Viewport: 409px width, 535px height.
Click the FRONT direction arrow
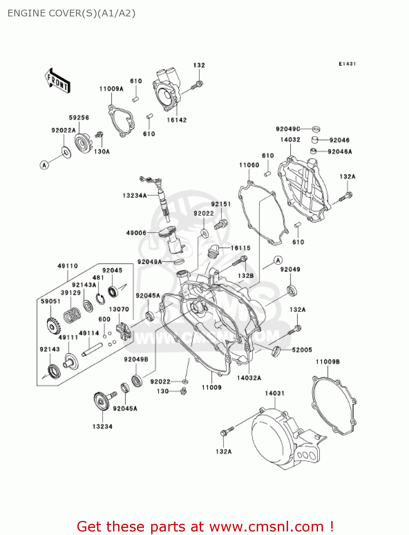[x=57, y=81]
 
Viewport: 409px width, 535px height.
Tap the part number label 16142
[x=177, y=120]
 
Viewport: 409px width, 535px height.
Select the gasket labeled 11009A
[x=121, y=121]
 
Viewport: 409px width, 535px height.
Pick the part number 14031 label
[x=275, y=393]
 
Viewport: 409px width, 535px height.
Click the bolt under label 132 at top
[x=197, y=85]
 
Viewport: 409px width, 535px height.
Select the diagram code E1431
[x=347, y=64]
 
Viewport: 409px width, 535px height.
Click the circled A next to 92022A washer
[x=44, y=165]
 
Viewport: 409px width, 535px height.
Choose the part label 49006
[x=136, y=233]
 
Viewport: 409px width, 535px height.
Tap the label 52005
[x=302, y=350]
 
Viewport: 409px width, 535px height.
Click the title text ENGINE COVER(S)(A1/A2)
[x=71, y=14]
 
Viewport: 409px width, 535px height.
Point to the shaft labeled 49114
[x=92, y=349]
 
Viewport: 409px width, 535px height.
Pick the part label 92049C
[x=288, y=129]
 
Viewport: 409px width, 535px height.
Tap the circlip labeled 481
[x=101, y=299]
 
